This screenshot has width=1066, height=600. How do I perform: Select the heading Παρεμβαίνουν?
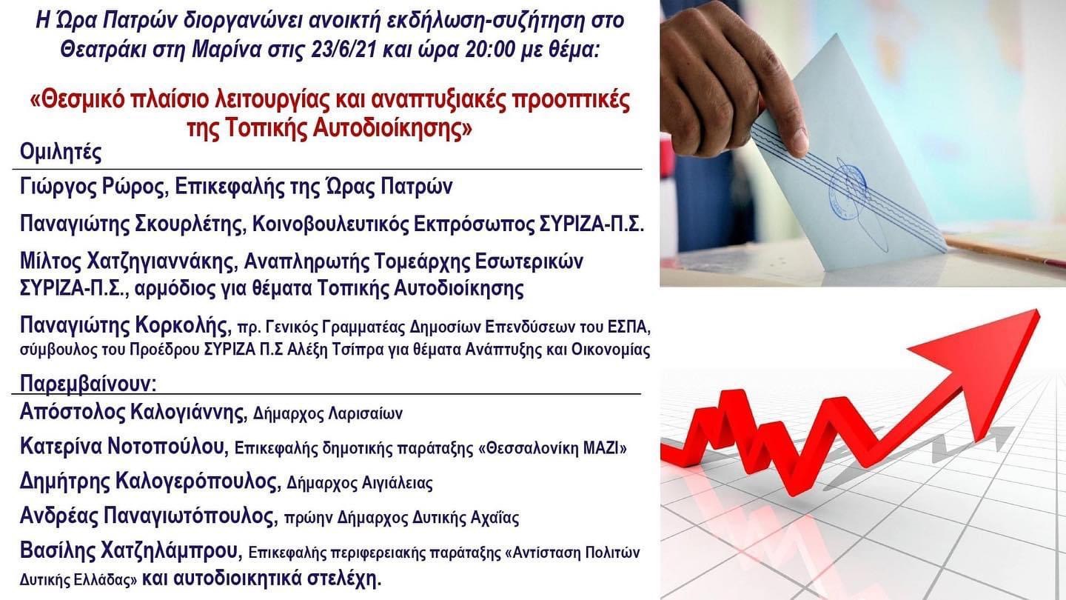click(88, 384)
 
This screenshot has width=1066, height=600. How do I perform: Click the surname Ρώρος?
click(135, 187)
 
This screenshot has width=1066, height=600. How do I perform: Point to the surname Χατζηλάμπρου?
click(170, 550)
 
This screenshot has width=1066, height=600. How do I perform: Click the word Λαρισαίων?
click(366, 413)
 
